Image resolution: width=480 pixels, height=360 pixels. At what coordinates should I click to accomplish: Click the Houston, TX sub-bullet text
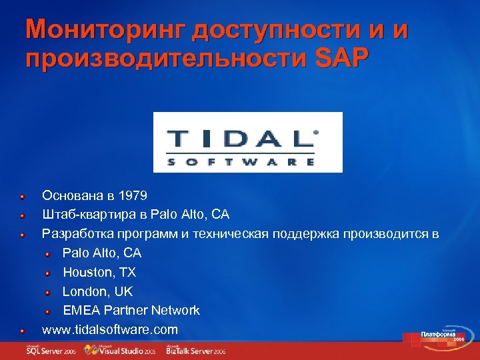[99, 272]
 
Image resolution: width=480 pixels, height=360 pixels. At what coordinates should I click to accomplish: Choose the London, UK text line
[97, 291]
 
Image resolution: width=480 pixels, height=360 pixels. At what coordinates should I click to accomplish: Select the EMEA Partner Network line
[131, 310]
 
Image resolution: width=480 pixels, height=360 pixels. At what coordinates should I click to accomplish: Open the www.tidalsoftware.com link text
[110, 329]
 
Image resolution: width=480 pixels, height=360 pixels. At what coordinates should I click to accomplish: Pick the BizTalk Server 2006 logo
[197, 350]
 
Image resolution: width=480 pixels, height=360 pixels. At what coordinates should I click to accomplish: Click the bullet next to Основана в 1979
[23, 197]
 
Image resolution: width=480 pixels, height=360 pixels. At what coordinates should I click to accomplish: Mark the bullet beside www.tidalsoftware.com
[23, 330]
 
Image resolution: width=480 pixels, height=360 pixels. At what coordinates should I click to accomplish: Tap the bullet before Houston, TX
[49, 273]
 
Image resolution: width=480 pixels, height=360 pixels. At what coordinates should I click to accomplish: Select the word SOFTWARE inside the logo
[241, 161]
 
